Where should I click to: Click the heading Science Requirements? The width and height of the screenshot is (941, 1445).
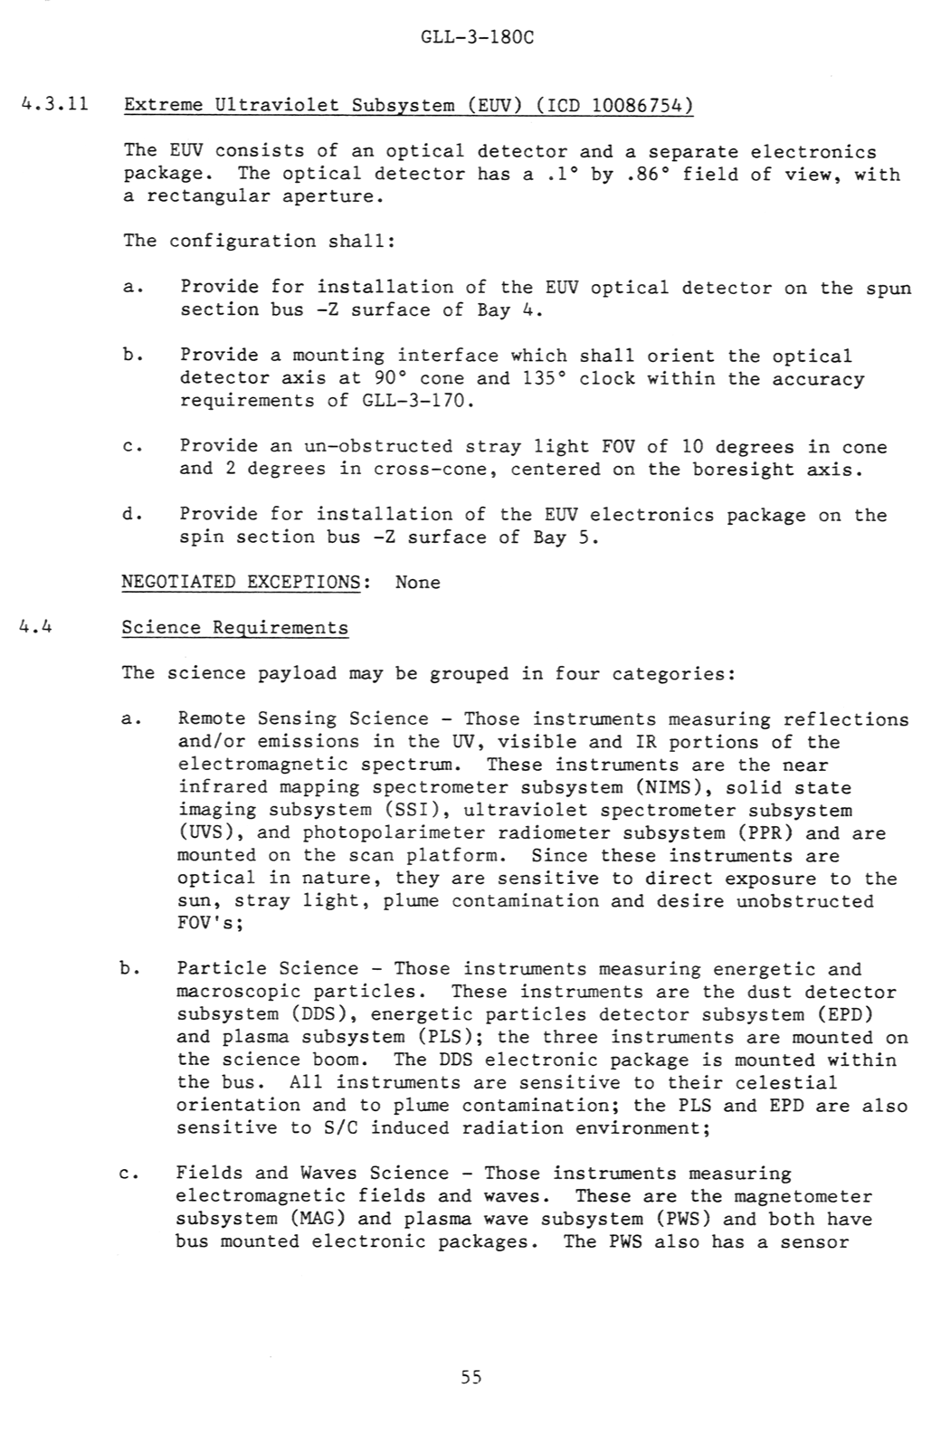(x=234, y=628)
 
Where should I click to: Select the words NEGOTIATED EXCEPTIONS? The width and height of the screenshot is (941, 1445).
(x=241, y=582)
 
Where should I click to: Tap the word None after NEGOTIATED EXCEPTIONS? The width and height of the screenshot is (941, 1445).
(x=417, y=582)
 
